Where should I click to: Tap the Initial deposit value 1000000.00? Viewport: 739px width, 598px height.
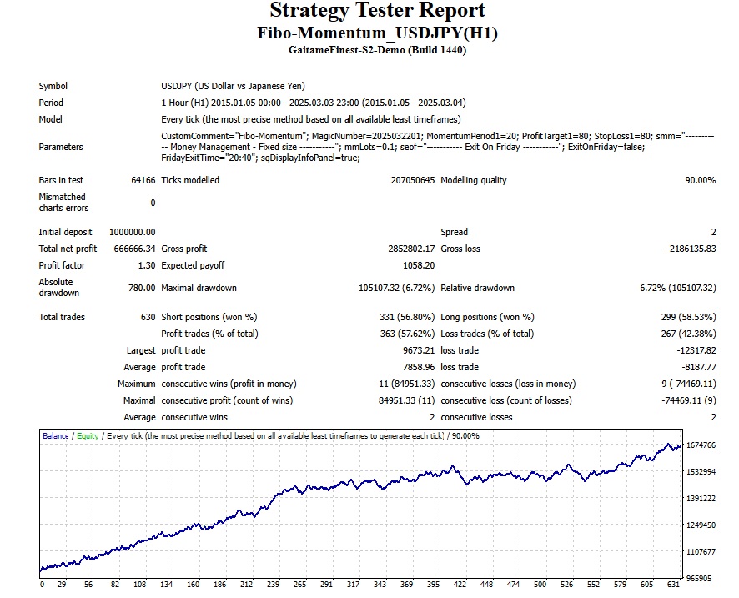132,232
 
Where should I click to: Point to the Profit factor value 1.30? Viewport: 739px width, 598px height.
146,265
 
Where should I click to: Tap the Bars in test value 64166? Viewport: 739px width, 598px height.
143,180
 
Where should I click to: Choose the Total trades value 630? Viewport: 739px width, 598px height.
148,317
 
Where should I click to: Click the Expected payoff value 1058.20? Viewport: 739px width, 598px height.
418,265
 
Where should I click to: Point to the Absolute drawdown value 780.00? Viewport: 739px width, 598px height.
142,288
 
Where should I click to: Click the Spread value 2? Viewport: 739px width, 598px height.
713,232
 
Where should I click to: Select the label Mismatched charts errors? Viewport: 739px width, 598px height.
63,203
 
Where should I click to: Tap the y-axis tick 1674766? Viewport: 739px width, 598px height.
701,446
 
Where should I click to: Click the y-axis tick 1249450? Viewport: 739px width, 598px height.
701,525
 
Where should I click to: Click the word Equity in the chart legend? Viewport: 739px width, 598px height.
88,435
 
